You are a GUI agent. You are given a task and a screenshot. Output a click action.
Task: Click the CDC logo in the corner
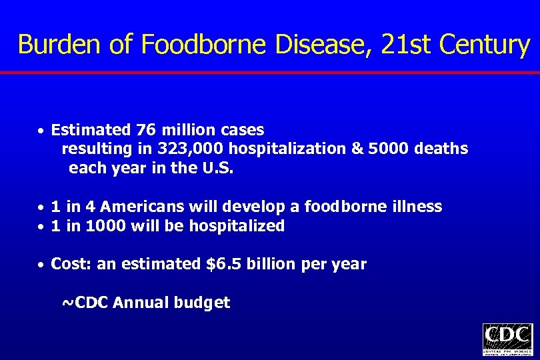pyautogui.click(x=507, y=339)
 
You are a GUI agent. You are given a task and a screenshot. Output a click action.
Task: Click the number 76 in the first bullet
pyautogui.click(x=145, y=129)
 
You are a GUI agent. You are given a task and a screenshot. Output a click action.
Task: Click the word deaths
pyautogui.click(x=441, y=149)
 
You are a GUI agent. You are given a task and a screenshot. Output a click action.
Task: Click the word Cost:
pyautogui.click(x=72, y=264)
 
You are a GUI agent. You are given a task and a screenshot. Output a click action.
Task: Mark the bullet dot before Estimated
pyautogui.click(x=41, y=130)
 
